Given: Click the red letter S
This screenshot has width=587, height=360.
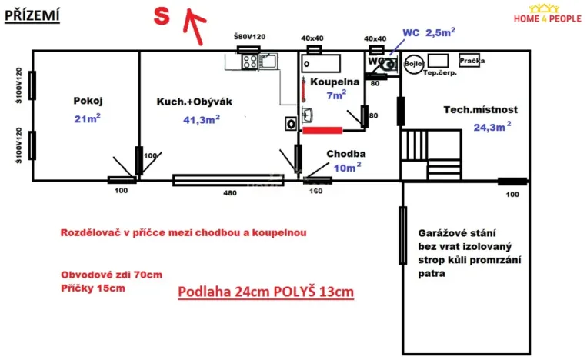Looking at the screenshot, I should click(162, 18).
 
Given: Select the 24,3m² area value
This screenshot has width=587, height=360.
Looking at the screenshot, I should click(492, 127).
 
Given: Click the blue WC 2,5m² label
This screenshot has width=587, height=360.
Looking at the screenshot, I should click(429, 32).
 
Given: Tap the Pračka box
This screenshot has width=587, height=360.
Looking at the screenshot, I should click(471, 60).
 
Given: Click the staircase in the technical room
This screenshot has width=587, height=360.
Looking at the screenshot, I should click(430, 155).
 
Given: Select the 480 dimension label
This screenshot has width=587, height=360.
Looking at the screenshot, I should click(230, 192).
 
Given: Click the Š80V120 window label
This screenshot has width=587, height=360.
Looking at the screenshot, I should click(248, 37).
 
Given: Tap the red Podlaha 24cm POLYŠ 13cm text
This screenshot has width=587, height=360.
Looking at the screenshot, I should click(266, 292).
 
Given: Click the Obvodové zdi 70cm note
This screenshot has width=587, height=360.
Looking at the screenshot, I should click(111, 275).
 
